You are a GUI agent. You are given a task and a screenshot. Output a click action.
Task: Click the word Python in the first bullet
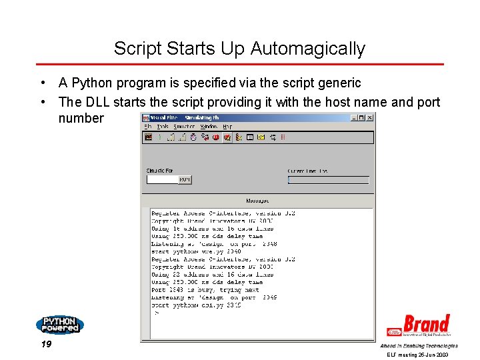(91, 83)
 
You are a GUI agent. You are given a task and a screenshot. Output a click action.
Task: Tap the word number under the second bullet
(81, 119)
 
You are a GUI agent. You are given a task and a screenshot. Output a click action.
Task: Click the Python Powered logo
(59, 325)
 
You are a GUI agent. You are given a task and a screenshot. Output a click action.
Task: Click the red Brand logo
(419, 325)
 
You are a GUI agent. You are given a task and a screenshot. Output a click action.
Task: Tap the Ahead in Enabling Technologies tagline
(419, 346)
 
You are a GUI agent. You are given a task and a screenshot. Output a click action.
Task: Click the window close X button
(370, 117)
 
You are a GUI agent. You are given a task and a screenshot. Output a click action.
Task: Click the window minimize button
(354, 117)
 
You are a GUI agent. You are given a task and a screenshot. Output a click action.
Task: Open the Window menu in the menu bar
(209, 126)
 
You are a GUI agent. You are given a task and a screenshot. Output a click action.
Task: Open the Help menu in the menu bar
(227, 126)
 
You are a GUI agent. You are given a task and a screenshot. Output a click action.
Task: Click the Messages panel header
(257, 201)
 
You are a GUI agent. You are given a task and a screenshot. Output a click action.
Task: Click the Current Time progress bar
(328, 180)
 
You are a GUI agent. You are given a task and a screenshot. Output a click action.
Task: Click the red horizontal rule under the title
(240, 65)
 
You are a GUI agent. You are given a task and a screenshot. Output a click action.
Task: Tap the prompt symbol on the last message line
(157, 312)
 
